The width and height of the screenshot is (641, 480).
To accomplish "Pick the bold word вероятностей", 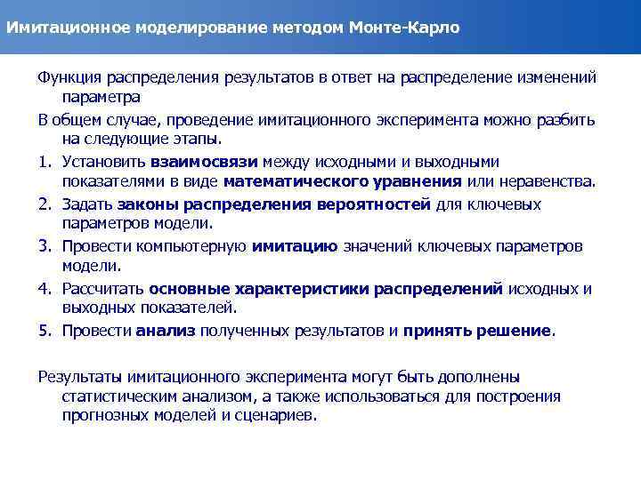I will click(373, 204).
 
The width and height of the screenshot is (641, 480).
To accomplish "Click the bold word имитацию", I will click(295, 246).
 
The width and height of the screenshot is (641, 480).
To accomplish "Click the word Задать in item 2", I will click(85, 204).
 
